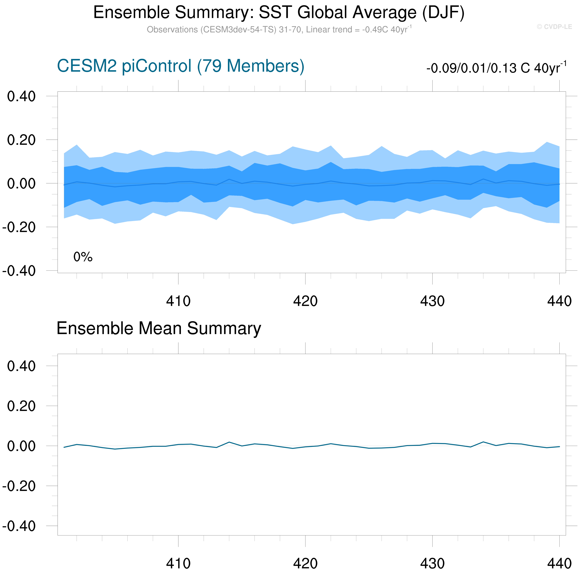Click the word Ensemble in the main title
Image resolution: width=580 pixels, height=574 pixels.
click(x=131, y=13)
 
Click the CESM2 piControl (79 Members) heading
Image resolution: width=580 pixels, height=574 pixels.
click(x=180, y=66)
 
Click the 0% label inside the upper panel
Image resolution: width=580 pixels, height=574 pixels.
click(x=83, y=257)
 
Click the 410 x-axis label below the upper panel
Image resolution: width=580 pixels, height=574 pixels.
click(x=178, y=301)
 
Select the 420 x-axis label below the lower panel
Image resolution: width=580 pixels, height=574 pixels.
click(x=305, y=564)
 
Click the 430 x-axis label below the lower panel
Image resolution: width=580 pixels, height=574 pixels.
click(x=432, y=564)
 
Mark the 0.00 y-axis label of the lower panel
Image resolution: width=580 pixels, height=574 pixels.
click(x=21, y=446)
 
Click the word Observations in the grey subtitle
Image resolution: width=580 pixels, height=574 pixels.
click(x=172, y=30)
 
